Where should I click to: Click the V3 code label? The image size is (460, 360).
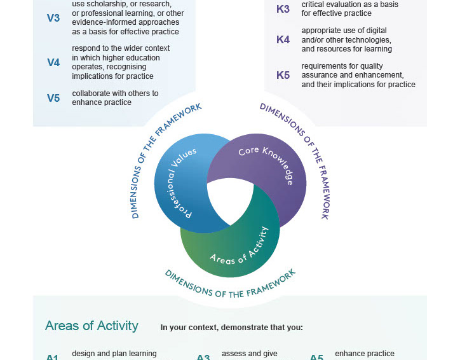[53, 18]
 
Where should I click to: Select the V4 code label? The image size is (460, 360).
[53, 62]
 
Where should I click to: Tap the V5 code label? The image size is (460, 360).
[53, 98]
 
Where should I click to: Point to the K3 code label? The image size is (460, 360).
[283, 9]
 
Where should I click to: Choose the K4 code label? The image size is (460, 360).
[283, 40]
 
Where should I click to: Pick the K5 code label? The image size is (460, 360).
[283, 76]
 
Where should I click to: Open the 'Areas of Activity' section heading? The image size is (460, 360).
[91, 326]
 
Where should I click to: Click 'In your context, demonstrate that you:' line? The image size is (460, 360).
[231, 328]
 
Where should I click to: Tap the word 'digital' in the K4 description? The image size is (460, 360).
[375, 31]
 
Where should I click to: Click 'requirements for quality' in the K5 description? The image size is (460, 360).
[342, 66]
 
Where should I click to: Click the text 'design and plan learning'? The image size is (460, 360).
[114, 354]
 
